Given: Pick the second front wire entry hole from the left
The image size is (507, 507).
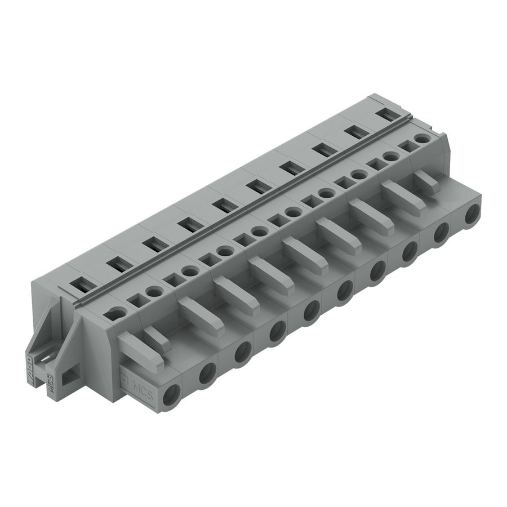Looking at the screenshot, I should click(207, 372).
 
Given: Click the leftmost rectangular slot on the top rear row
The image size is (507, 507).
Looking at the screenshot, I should click(82, 285).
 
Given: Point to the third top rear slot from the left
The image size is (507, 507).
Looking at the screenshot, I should click(150, 245).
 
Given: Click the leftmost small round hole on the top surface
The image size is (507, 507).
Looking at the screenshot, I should click(115, 314).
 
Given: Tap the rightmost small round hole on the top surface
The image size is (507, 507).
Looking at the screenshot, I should click(420, 138).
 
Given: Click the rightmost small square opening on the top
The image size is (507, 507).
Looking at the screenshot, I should click(404, 145).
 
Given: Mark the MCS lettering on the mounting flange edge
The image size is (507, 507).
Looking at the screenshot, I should click(50, 388).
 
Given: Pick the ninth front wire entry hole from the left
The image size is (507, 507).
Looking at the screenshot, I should click(441, 232).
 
